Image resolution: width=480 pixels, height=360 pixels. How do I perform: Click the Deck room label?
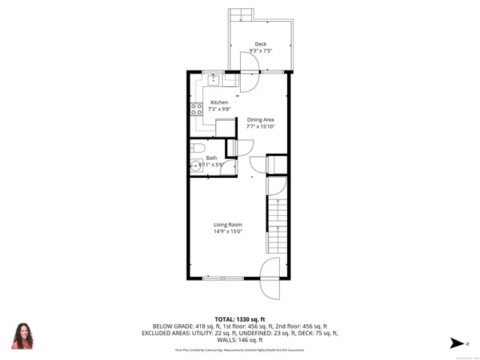pos(260,44)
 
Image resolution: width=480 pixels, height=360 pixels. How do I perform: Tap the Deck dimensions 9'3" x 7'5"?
pos(260,51)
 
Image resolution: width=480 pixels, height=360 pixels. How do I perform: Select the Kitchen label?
pos(219,103)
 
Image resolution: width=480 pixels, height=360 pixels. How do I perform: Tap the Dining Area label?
pos(260,119)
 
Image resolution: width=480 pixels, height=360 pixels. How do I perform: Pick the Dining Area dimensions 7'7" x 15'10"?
pos(260,126)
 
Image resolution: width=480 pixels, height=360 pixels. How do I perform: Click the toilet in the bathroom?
pos(196,148)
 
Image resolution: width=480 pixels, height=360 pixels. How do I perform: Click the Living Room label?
pos(227,224)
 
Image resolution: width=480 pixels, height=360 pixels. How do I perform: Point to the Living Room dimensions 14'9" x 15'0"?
pos(227,232)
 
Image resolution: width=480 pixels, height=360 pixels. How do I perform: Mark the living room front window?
pos(222,278)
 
